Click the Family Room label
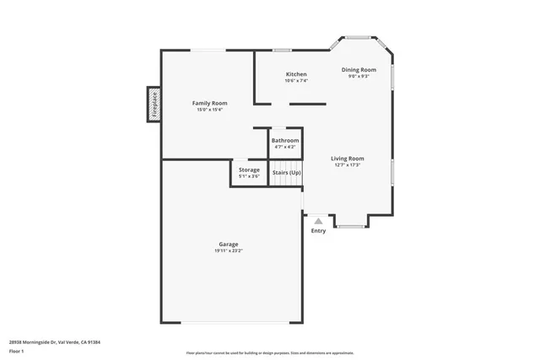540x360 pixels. coord(209,103)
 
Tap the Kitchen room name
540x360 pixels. coord(295,74)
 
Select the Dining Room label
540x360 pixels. coord(359,70)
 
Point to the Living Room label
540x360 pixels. coord(347,159)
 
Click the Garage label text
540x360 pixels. coord(229,244)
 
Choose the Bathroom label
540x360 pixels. coord(285,141)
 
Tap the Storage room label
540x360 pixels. coord(249,170)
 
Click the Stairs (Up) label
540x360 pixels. coord(286,173)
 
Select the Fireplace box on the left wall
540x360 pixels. coord(154,104)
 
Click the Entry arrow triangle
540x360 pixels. coord(318,221)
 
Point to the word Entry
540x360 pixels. coord(318,231)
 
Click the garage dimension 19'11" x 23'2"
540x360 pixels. coord(229,251)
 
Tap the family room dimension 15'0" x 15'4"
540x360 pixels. coord(209,110)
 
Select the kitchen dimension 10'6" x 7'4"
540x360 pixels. coord(295,81)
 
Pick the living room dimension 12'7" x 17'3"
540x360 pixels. coord(347,165)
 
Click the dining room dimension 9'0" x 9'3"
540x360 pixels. coord(359,77)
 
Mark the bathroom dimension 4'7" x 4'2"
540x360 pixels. coord(285,148)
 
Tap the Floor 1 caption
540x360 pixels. coord(17,350)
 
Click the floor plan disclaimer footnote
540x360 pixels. coord(270,353)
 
